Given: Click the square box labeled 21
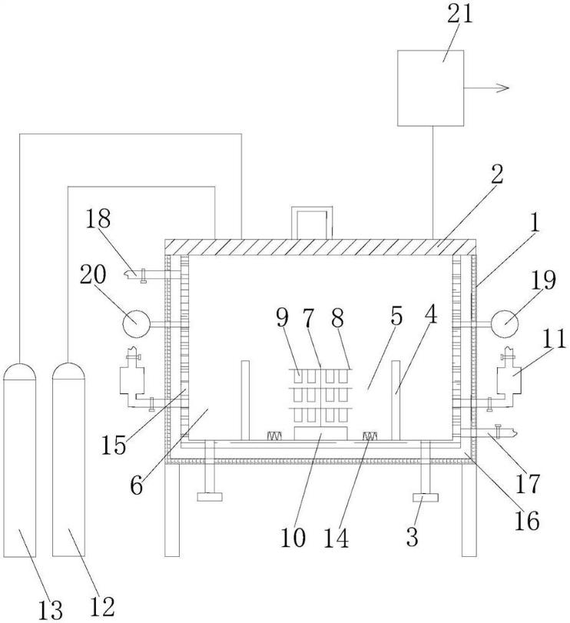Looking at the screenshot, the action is tap(431, 88).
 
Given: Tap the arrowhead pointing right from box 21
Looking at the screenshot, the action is tap(503, 88).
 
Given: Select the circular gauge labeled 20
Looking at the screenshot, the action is tap(136, 324).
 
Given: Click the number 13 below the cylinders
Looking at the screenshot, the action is tap(51, 609).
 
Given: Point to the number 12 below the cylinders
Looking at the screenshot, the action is tap(102, 606).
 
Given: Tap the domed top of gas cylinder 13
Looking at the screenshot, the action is tap(19, 372).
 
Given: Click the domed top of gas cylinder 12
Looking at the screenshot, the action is tap(68, 371).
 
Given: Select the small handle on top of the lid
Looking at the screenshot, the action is tap(312, 223).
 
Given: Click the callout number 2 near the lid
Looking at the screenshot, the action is tap(496, 174).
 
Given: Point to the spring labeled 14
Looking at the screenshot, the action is tap(370, 436).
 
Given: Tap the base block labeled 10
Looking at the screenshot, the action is tap(321, 433).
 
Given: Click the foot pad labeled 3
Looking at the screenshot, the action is tap(426, 498).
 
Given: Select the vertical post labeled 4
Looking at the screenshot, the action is tap(396, 400).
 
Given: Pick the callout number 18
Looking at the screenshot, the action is tap(98, 218).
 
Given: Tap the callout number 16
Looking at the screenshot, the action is tap(527, 520).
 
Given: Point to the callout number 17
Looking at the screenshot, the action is tap(528, 483).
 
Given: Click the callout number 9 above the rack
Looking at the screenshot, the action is tap(282, 317).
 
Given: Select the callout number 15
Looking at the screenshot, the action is tap(114, 445).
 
